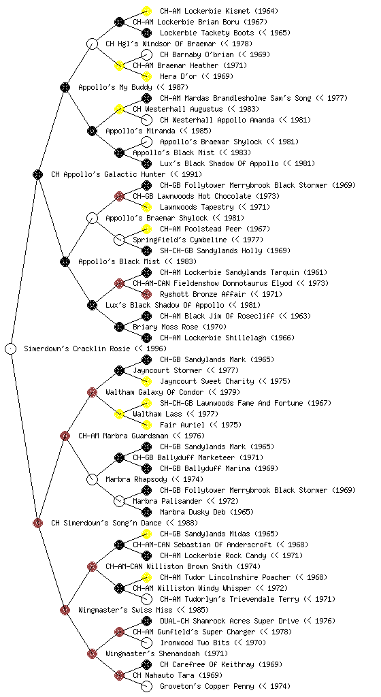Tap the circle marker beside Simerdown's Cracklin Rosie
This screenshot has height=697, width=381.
point(11,348)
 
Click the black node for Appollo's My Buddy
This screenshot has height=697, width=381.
point(65,87)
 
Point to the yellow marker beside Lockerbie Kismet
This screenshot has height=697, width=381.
point(146,11)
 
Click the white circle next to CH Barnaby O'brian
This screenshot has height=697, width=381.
point(146,54)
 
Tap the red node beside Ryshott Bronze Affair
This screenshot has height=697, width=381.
point(146,294)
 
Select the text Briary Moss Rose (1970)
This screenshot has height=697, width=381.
point(180,327)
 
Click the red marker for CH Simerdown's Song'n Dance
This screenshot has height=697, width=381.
point(37,523)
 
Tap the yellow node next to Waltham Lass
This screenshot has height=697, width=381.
point(119,414)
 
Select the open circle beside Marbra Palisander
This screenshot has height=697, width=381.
point(119,501)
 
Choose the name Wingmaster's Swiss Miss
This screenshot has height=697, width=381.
point(125,610)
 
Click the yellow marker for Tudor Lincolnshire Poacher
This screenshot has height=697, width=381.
point(146,577)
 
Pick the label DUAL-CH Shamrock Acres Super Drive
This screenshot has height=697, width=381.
point(229,621)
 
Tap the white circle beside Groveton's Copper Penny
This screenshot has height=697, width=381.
point(146,686)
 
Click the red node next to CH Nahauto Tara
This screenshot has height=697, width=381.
point(119,675)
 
